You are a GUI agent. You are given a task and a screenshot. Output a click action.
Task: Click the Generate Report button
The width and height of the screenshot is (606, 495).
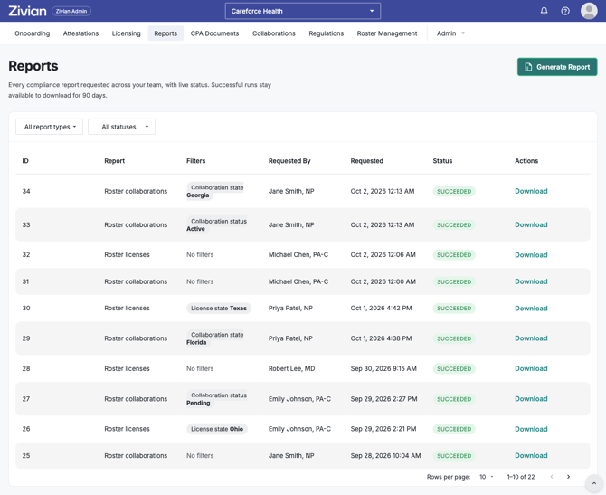(557, 67)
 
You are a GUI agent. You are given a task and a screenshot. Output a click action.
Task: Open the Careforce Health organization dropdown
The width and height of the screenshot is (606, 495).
(303, 11)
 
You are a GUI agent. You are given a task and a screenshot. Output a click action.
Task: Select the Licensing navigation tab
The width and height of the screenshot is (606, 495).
(126, 33)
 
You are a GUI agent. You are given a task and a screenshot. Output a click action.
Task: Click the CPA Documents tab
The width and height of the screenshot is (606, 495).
(214, 33)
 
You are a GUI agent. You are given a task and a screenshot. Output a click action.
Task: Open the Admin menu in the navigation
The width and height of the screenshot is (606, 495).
(450, 33)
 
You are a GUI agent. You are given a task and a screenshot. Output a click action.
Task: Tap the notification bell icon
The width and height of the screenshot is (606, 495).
(544, 11)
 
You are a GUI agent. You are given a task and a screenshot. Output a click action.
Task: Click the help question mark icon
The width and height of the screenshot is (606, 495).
(565, 11)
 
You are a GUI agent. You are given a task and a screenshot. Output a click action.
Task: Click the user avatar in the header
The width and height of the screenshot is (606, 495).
(589, 11)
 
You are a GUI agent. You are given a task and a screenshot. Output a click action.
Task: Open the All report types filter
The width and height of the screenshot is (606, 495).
(50, 127)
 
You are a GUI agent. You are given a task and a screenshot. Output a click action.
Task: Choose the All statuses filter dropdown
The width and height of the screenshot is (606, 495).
(122, 127)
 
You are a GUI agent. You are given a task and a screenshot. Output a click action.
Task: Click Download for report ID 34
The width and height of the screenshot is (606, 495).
(531, 191)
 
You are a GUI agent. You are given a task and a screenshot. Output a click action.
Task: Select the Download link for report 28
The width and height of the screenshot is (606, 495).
(531, 368)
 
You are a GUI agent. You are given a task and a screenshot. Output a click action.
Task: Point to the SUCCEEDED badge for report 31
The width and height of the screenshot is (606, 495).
(454, 282)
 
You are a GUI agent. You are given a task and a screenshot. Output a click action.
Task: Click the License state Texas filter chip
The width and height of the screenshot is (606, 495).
(219, 309)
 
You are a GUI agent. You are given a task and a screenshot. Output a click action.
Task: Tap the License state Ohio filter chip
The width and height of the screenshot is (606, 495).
(217, 429)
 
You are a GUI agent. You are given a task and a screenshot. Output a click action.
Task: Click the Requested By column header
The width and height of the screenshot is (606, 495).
(289, 161)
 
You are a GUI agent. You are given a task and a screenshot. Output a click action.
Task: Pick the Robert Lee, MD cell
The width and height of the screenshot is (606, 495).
(292, 368)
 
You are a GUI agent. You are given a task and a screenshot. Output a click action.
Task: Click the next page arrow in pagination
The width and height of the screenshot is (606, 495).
(568, 477)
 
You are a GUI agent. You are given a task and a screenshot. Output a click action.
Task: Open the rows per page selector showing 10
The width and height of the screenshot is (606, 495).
(487, 477)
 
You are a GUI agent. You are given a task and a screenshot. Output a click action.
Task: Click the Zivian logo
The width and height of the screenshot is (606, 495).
(27, 11)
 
